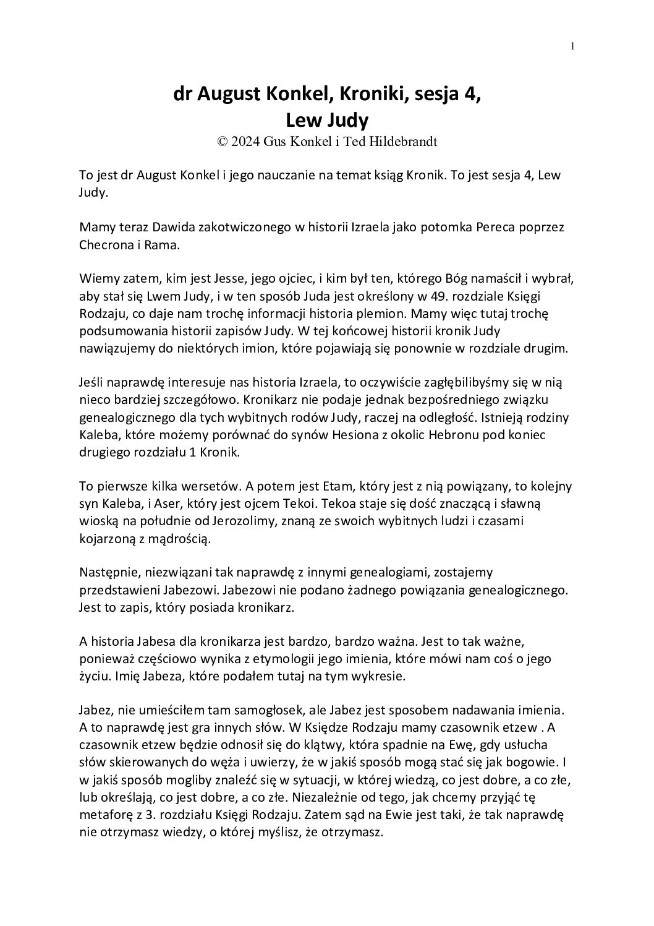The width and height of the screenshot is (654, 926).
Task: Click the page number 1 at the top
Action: (573, 45)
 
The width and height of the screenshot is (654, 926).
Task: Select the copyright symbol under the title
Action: (223, 142)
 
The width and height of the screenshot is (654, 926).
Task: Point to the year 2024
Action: (247, 142)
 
